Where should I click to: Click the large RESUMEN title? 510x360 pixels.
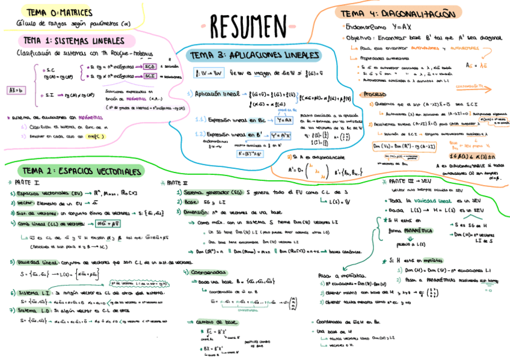[249, 26]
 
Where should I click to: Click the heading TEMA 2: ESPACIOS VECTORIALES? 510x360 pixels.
[80, 171]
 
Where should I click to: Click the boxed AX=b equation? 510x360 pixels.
[16, 90]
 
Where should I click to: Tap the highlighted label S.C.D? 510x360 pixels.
[150, 66]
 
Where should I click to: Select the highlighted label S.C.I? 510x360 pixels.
[150, 76]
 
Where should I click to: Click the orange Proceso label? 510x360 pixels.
[373, 94]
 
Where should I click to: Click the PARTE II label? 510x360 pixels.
[177, 182]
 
